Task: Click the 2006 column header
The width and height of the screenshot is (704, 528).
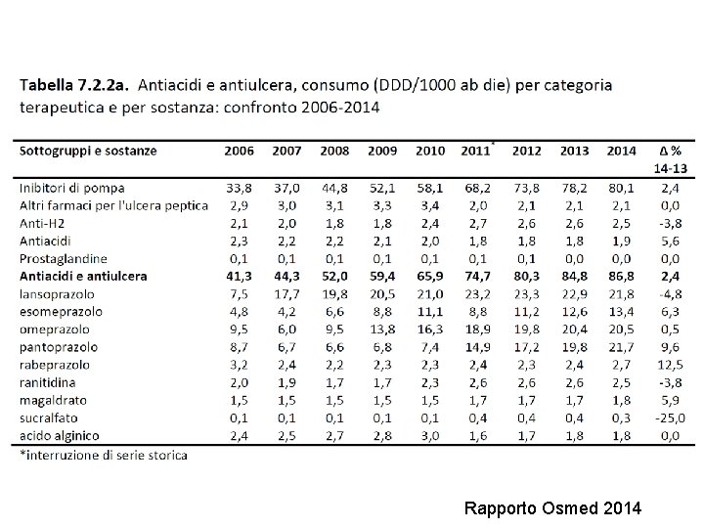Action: [x=239, y=152]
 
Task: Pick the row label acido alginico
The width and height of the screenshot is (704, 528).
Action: [x=61, y=435]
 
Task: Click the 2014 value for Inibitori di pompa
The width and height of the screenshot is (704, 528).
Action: [x=621, y=188]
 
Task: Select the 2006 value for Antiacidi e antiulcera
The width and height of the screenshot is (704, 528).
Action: [x=239, y=277]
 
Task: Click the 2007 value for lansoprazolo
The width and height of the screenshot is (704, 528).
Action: [x=286, y=294]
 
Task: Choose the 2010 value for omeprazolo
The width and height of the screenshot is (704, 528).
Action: [x=430, y=330]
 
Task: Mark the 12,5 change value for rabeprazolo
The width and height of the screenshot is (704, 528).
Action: [x=671, y=365]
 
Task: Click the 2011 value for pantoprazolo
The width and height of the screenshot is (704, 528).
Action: [x=478, y=347]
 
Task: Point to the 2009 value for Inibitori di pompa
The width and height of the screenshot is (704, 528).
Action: [x=382, y=188]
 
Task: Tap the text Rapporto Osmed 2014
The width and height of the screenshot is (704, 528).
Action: [x=552, y=508]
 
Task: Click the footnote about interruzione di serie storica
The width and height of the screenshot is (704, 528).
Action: [x=104, y=455]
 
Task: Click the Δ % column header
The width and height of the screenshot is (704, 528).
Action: [x=671, y=152]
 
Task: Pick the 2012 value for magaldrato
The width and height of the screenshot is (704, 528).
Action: [x=527, y=400]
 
